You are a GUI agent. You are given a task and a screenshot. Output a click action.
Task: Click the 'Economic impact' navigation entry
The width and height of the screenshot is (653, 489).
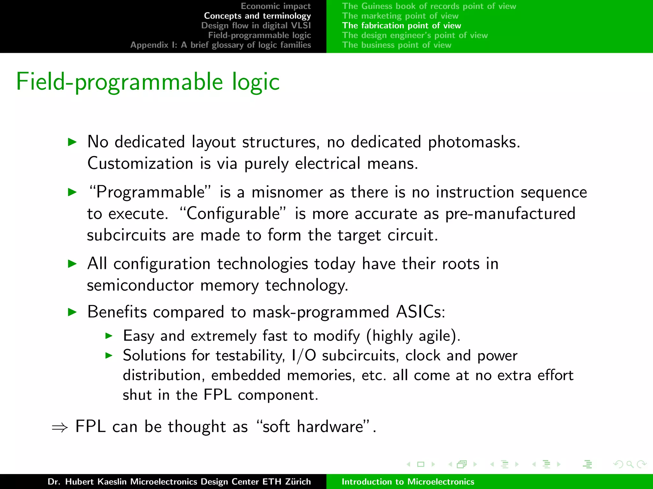pyautogui.click(x=275, y=6)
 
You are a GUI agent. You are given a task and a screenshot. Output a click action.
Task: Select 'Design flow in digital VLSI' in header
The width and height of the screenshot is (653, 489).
pyautogui.click(x=256, y=25)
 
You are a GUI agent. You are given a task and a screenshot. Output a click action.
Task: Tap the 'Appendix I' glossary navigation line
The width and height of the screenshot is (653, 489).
pyautogui.click(x=220, y=45)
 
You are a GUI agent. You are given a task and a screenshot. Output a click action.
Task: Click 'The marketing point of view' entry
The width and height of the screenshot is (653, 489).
pyautogui.click(x=400, y=16)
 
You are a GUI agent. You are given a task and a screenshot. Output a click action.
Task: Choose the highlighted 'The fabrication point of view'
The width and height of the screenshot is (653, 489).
pyautogui.click(x=401, y=25)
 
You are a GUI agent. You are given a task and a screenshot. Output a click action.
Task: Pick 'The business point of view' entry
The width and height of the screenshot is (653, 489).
pyautogui.click(x=397, y=45)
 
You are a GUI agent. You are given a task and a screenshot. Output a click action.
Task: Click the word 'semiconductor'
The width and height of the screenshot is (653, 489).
pyautogui.click(x=140, y=285)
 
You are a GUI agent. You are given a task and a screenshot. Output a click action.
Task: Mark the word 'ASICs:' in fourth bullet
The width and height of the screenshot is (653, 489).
pyautogui.click(x=420, y=312)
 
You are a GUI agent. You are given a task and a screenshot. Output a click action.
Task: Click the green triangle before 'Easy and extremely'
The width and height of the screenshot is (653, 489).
pyautogui.click(x=109, y=336)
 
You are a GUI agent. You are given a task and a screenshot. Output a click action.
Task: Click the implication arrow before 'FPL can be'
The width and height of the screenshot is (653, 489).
pyautogui.click(x=60, y=428)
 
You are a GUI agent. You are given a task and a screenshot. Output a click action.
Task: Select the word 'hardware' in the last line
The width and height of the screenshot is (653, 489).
pyautogui.click(x=330, y=427)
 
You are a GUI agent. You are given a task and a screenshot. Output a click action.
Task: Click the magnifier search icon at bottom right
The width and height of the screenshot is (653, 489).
pyautogui.click(x=630, y=464)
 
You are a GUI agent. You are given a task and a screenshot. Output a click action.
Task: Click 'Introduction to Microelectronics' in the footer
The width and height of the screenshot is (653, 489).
pyautogui.click(x=408, y=481)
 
